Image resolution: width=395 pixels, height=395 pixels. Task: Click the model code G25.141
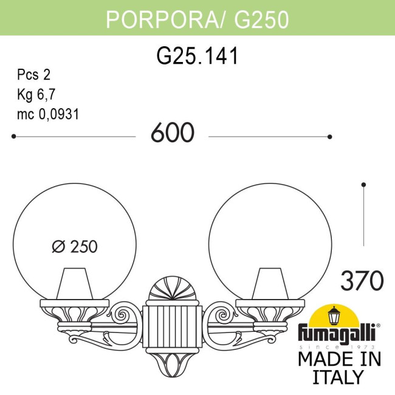(197, 56)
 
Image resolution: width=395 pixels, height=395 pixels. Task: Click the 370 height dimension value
(362, 281)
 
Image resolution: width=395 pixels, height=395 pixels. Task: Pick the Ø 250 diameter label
(75, 247)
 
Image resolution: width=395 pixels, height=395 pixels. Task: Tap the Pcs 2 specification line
(33, 75)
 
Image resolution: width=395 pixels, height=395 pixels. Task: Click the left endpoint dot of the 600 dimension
(13, 137)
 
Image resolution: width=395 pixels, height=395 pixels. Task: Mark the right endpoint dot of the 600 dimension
(330, 137)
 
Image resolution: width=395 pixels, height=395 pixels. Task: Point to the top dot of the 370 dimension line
(363, 184)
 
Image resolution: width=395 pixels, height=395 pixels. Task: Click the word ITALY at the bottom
(338, 377)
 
